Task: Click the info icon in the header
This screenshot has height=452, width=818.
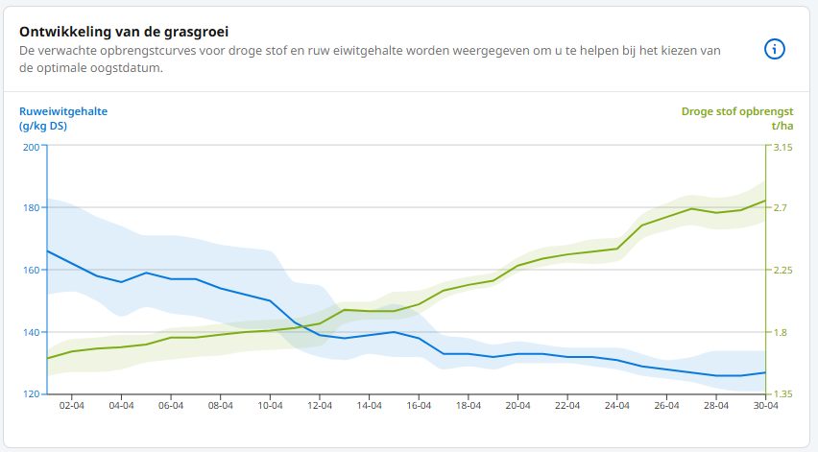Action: tap(775, 50)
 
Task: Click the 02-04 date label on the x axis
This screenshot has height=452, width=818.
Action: tap(72, 407)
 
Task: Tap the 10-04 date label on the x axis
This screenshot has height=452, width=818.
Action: tap(271, 407)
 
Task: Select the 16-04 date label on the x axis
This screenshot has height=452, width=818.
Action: tap(420, 407)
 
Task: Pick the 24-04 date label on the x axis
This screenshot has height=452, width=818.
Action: tap(617, 407)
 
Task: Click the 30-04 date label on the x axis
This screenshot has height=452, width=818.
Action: tap(765, 407)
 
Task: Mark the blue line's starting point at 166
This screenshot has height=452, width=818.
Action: tap(48, 250)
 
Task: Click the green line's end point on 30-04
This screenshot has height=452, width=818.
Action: tap(765, 201)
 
